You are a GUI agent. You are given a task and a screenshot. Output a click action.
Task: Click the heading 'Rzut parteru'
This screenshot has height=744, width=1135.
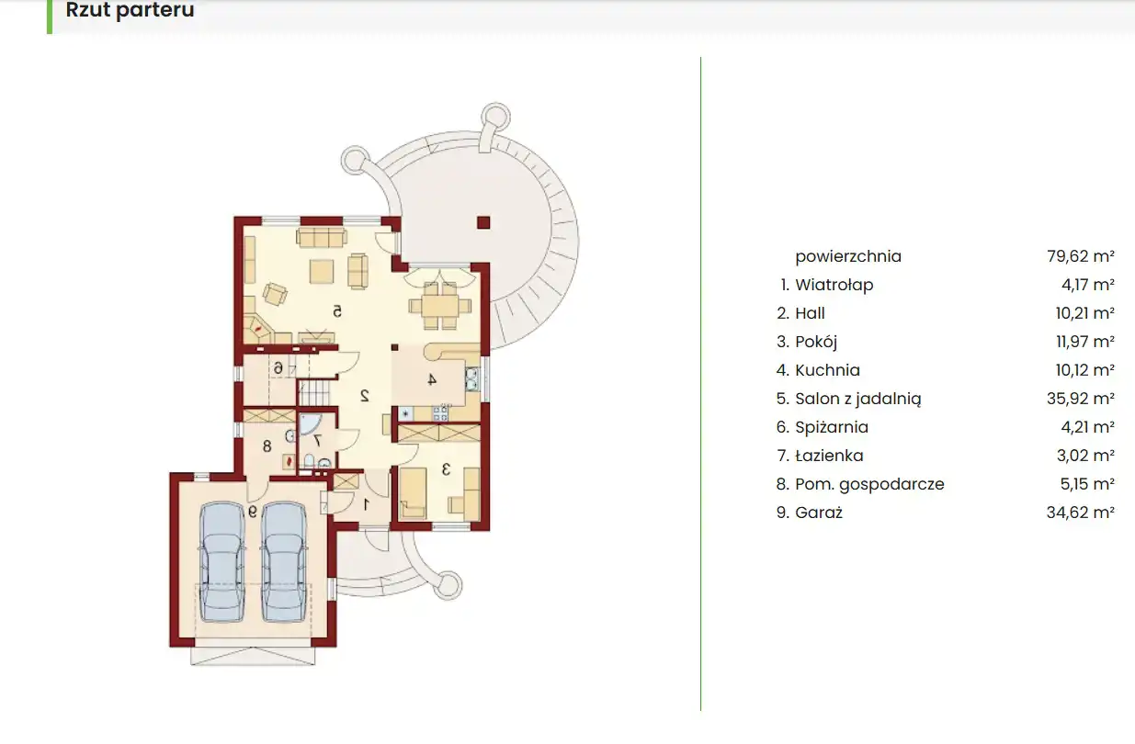(x=130, y=9)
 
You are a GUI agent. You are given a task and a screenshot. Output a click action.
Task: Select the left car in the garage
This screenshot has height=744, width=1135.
(x=221, y=561)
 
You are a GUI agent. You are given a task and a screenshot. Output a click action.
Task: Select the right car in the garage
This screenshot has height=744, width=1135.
(x=284, y=561)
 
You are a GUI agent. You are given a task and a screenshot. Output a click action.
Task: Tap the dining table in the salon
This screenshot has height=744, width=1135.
(x=440, y=306)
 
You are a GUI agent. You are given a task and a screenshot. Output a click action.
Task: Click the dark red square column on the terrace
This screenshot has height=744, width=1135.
(x=483, y=222)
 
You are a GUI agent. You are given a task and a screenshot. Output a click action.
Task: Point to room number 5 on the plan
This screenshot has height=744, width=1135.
(x=337, y=311)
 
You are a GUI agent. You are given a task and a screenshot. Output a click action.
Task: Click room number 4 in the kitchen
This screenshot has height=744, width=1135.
(x=432, y=379)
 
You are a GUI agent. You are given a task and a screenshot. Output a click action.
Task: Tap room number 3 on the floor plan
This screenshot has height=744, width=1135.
(x=447, y=469)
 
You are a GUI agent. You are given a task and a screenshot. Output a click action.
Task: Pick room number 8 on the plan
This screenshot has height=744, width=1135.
(x=267, y=446)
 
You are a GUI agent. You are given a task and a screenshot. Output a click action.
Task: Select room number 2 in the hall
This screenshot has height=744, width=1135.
(x=364, y=396)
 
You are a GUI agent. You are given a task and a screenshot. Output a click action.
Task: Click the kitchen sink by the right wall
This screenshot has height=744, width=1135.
(x=471, y=378)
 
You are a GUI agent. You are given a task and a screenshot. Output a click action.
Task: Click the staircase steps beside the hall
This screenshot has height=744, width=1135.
(x=313, y=393)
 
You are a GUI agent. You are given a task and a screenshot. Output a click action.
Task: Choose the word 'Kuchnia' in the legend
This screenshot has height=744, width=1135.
(x=827, y=370)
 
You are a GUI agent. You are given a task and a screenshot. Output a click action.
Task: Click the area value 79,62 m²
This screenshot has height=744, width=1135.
(x=1081, y=256)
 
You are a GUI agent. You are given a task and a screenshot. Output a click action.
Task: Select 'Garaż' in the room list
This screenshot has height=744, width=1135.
(x=819, y=513)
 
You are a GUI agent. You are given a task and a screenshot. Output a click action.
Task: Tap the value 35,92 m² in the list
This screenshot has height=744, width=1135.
(x=1081, y=399)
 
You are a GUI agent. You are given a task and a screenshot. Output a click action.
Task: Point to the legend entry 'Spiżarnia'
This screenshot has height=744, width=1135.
(x=832, y=427)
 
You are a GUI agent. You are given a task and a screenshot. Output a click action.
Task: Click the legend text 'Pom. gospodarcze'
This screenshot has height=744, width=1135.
(x=869, y=484)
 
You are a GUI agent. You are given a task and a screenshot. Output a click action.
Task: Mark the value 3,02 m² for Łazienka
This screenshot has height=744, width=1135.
(x=1085, y=456)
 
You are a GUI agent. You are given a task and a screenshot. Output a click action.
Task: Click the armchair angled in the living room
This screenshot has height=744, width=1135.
(x=275, y=294)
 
